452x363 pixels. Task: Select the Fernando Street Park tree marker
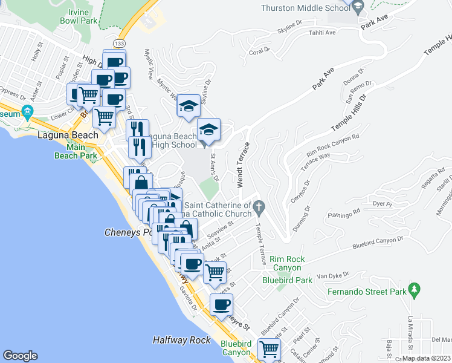point(414,290)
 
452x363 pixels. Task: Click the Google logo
point(20,356)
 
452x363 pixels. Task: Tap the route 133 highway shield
point(120,44)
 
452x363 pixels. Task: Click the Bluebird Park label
point(287,280)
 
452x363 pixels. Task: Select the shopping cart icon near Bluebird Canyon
point(269,348)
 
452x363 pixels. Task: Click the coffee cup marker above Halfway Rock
point(221,304)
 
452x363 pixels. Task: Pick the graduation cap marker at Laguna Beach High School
point(208,129)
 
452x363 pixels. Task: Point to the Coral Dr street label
point(259,51)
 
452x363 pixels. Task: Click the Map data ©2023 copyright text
point(426,358)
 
